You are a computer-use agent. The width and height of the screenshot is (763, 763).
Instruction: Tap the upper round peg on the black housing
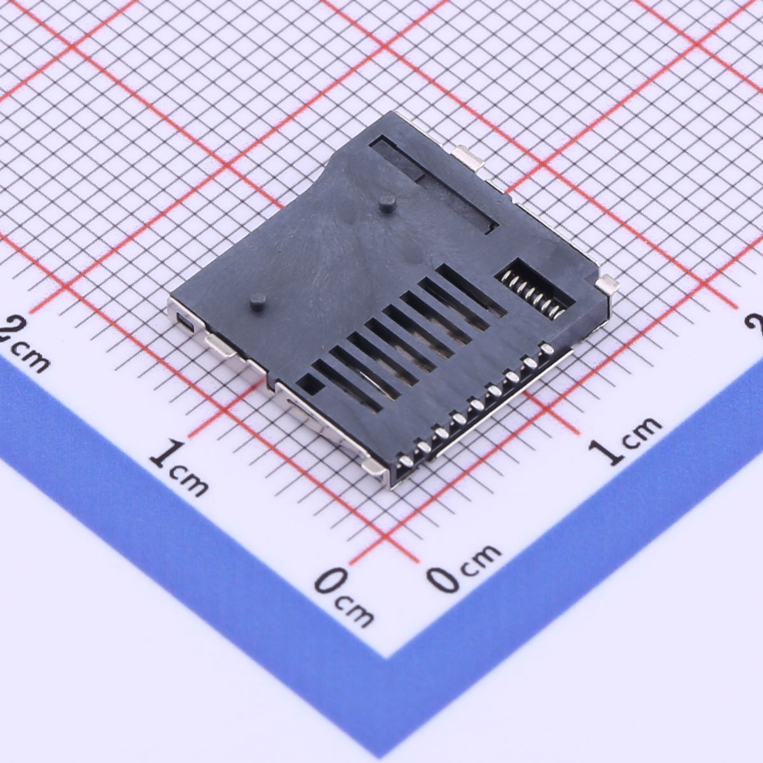(x=387, y=203)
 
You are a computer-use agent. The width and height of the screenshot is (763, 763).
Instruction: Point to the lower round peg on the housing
(x=259, y=303)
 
